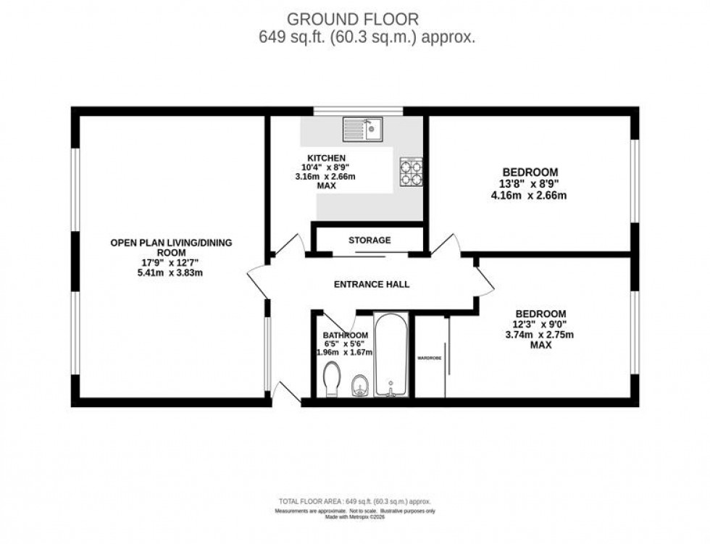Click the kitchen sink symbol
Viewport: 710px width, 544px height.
[x=363, y=130]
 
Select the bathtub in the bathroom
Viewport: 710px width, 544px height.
[x=391, y=355]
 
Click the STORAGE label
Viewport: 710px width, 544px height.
[x=369, y=240]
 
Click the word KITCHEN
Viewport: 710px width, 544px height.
[x=326, y=158]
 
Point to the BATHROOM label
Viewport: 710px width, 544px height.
[x=346, y=335]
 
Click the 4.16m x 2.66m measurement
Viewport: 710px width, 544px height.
[x=530, y=195]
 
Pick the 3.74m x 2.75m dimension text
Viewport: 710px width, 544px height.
[x=540, y=335]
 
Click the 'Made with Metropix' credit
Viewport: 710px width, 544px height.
[x=357, y=517]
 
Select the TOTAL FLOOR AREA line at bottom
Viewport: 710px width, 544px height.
[x=357, y=501]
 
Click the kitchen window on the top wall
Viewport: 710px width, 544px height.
[x=358, y=111]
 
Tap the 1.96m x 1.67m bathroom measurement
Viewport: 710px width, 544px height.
[x=345, y=353]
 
